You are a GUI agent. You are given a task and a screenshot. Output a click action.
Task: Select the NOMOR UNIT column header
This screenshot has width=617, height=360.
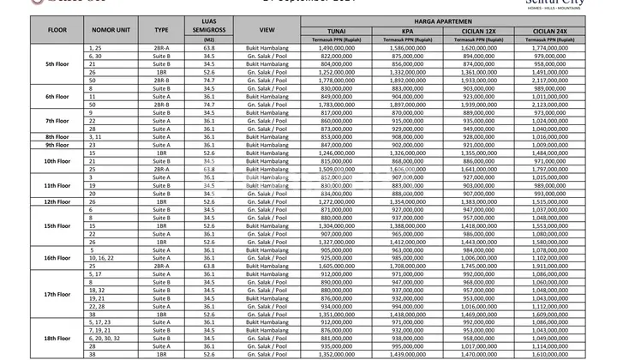coord(98,39)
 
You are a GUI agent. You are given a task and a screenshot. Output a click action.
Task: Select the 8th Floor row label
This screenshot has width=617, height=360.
coord(32,137)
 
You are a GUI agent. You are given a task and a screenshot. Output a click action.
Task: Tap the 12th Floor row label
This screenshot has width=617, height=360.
coord(32,201)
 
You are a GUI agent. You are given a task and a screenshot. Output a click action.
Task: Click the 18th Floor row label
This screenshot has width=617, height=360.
coord(32,337)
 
